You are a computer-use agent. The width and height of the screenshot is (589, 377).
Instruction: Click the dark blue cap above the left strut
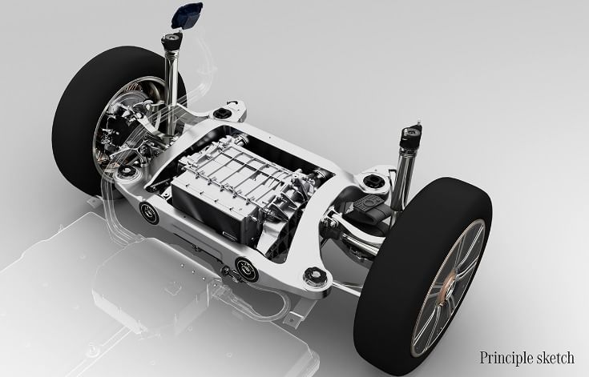[187, 15]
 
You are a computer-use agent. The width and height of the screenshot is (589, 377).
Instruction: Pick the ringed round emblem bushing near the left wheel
[149, 213]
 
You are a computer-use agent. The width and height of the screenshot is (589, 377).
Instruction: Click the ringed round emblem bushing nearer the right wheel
[247, 269]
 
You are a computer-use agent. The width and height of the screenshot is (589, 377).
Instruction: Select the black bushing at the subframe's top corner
[221, 113]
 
